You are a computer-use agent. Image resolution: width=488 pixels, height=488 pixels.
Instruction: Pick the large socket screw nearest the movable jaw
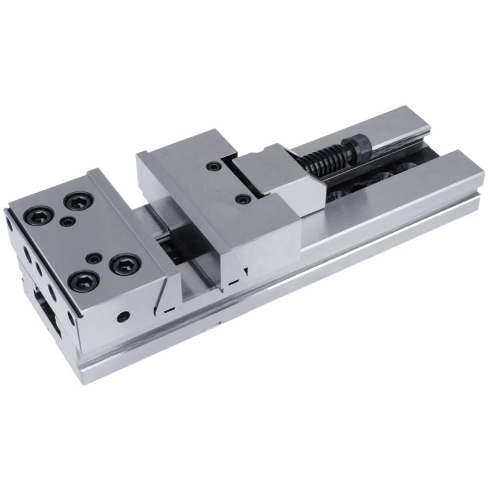tap(125, 264)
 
